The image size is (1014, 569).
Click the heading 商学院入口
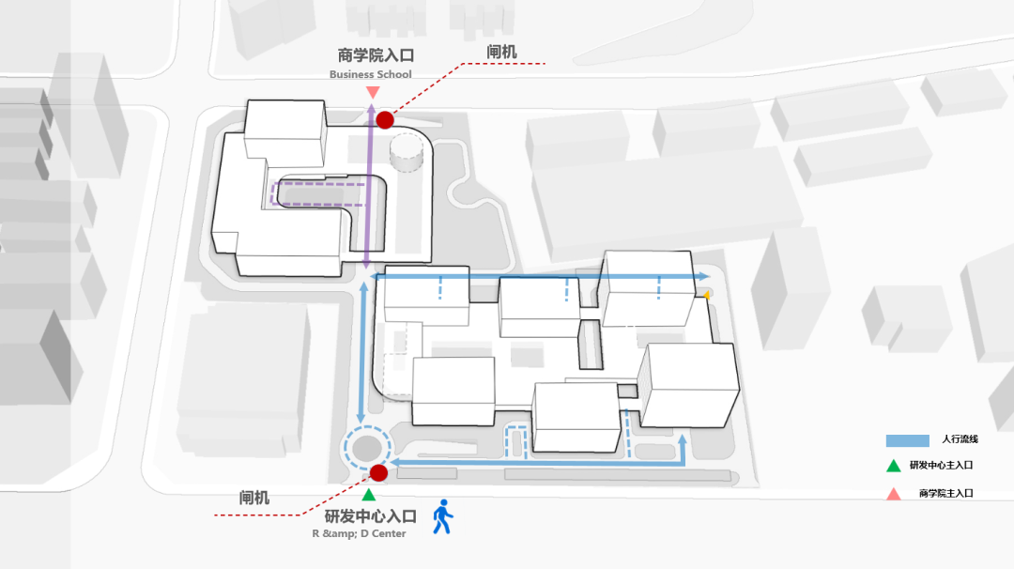click(x=376, y=54)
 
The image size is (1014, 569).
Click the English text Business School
click(x=370, y=75)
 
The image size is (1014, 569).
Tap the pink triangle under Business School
click(x=373, y=92)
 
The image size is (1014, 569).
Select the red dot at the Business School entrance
click(x=385, y=119)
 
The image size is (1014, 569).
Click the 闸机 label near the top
click(x=501, y=53)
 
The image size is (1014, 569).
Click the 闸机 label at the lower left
click(x=254, y=498)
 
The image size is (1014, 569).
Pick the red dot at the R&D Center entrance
click(x=378, y=473)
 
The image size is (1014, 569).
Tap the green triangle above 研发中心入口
click(x=369, y=494)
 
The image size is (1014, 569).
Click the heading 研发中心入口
click(x=370, y=515)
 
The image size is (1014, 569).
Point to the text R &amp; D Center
click(x=360, y=534)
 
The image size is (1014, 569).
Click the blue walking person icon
click(x=442, y=517)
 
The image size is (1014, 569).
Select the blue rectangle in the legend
click(x=907, y=439)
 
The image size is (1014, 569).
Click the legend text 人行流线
click(x=960, y=439)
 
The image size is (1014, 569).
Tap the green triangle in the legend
click(x=894, y=466)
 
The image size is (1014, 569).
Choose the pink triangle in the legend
click(x=894, y=494)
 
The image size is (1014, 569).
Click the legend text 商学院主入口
click(x=946, y=494)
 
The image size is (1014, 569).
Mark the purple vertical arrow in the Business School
click(x=368, y=197)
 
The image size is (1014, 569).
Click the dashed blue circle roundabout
click(x=367, y=448)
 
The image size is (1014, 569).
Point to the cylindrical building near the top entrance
click(x=407, y=152)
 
